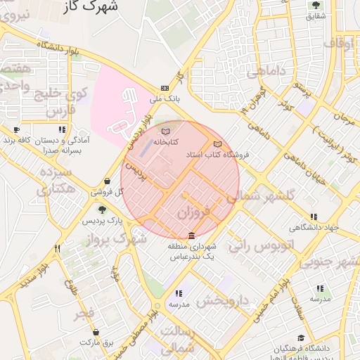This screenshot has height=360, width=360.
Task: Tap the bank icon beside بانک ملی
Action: pyautogui.click(x=165, y=88)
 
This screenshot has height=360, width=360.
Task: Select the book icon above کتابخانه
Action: pyautogui.click(x=165, y=131)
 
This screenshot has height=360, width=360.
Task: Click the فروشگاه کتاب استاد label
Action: pyautogui.click(x=211, y=153)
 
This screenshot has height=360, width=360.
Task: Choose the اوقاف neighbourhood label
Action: pyautogui.click(x=338, y=44)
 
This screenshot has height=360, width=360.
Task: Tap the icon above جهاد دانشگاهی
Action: pyautogui.click(x=313, y=217)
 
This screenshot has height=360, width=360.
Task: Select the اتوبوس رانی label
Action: pyautogui.click(x=257, y=245)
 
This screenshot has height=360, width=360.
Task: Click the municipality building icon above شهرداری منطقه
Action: pyautogui.click(x=191, y=236)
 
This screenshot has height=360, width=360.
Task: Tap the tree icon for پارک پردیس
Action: pyautogui.click(x=102, y=210)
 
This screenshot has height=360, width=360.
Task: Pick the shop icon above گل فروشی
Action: pyautogui.click(x=107, y=181)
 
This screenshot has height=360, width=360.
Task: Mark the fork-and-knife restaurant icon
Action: pyautogui.click(x=58, y=248)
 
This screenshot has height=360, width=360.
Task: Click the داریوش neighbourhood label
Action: pyautogui.click(x=223, y=301)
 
